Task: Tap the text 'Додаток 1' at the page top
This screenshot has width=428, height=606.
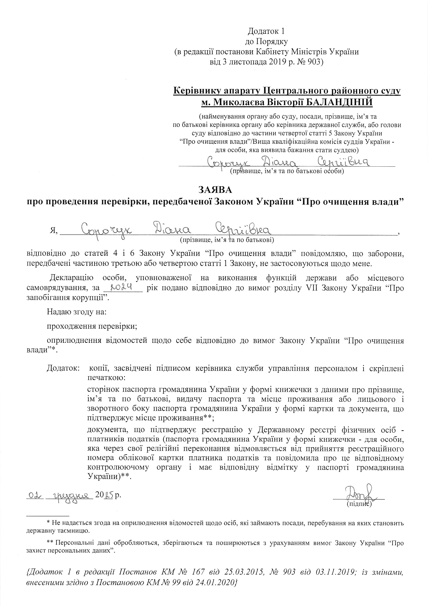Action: (x=266, y=31)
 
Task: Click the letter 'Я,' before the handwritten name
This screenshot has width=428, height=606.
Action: (x=54, y=231)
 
